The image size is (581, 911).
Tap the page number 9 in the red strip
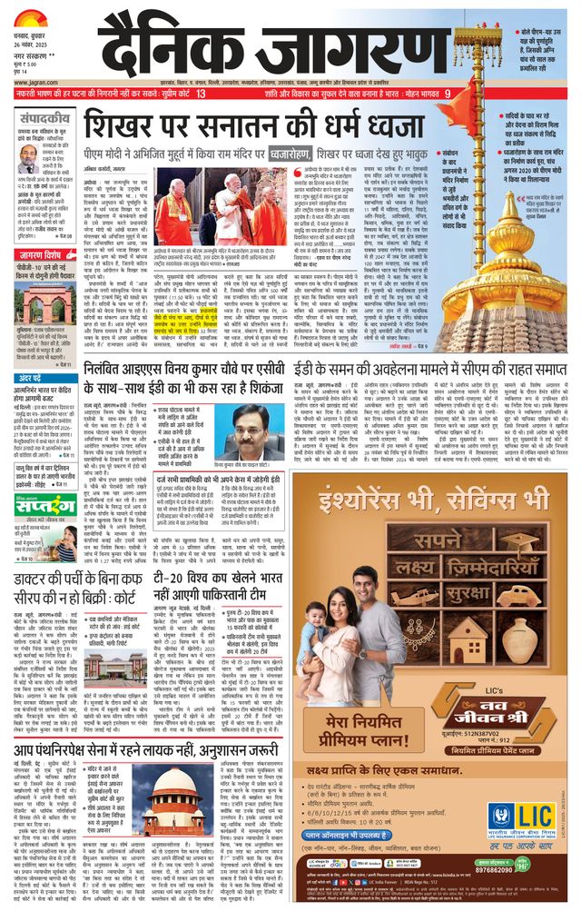coord(447,94)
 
